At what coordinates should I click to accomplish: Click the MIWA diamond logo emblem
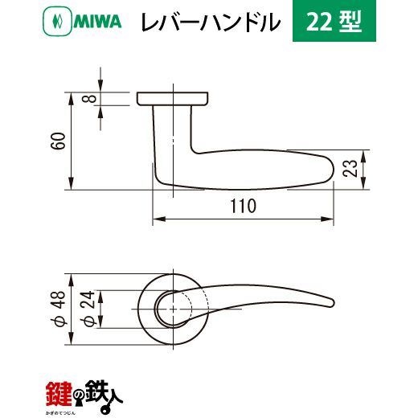click(x=57, y=21)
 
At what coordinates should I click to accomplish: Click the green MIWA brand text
click(x=97, y=22)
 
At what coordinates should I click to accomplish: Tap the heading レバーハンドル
click(x=211, y=23)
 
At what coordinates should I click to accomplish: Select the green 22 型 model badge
click(x=334, y=21)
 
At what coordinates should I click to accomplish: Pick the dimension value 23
click(x=350, y=168)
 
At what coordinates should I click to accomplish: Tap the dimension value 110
click(x=244, y=207)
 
